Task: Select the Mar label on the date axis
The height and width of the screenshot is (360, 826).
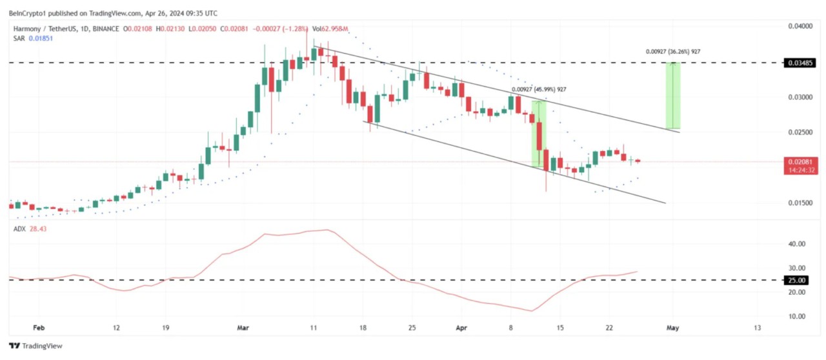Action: pyautogui.click(x=243, y=328)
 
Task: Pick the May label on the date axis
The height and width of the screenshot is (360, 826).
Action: pyautogui.click(x=673, y=328)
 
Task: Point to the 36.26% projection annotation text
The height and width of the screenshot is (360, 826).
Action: pyautogui.click(x=673, y=52)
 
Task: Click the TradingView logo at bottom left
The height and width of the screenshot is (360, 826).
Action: pyautogui.click(x=35, y=346)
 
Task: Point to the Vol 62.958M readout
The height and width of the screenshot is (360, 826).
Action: pyautogui.click(x=330, y=28)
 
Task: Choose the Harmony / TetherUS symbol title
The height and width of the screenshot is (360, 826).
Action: pyautogui.click(x=46, y=28)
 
